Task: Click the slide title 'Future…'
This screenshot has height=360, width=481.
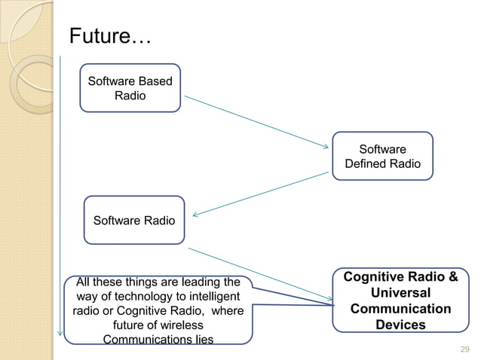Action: (110, 35)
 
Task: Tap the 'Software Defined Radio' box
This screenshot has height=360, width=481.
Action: (382, 157)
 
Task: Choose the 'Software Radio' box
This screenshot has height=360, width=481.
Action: (133, 221)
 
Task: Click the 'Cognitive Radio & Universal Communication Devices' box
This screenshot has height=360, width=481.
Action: (400, 301)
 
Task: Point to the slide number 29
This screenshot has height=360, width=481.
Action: (464, 349)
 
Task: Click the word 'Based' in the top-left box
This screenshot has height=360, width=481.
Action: (155, 81)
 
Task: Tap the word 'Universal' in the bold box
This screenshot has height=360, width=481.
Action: (400, 293)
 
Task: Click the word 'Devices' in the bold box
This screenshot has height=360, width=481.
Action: (400, 325)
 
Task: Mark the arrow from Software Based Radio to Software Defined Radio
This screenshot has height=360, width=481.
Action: (256, 121)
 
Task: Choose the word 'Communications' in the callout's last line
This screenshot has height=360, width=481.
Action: (142, 340)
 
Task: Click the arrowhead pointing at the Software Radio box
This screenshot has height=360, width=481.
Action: (195, 215)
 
